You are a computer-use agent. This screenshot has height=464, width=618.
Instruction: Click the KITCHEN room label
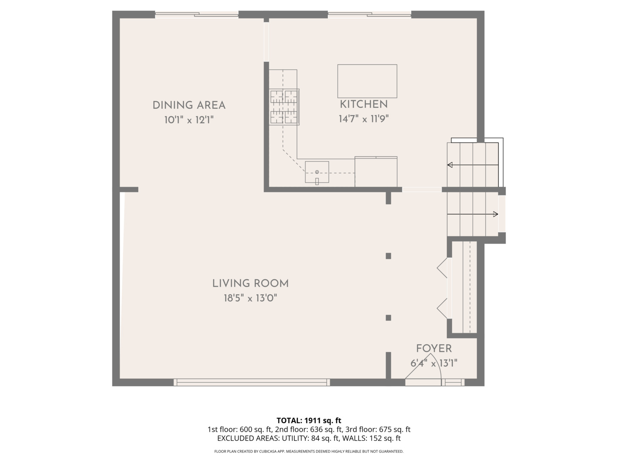click(364, 104)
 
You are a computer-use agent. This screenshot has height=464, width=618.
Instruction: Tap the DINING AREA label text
click(189, 105)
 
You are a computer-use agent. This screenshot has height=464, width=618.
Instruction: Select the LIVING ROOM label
click(250, 284)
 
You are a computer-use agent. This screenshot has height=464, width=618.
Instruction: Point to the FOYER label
click(433, 348)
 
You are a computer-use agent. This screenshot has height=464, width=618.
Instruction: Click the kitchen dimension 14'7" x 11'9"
click(364, 119)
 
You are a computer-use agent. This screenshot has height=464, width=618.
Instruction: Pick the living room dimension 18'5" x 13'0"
click(250, 298)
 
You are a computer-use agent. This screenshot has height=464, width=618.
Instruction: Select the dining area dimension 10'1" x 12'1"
click(189, 120)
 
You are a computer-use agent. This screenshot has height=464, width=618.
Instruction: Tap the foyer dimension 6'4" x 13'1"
click(433, 363)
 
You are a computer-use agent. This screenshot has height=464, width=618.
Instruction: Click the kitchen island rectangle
click(367, 81)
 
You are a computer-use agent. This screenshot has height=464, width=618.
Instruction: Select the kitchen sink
click(317, 172)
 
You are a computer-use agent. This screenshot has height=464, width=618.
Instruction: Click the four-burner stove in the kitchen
click(284, 107)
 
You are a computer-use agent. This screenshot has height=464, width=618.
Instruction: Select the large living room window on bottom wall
click(252, 382)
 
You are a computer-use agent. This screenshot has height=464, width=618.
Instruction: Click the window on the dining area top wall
click(197, 15)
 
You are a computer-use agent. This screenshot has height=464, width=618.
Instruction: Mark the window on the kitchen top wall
click(370, 15)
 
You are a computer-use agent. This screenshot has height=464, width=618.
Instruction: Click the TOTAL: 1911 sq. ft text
click(309, 420)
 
